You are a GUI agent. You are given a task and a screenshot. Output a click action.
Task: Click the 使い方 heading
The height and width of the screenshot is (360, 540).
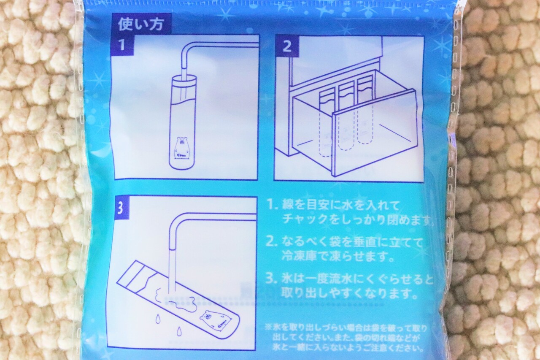click(x=141, y=24)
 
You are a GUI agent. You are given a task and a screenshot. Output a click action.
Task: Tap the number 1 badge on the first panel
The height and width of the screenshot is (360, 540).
click(x=122, y=45)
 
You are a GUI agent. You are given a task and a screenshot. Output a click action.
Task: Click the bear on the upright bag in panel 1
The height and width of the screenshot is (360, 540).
click(x=181, y=148)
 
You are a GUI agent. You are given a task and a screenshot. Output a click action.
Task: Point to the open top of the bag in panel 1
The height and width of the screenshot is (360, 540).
click(x=184, y=80)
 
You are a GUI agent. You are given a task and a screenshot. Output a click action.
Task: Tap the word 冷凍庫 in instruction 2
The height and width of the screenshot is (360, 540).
click(x=299, y=257)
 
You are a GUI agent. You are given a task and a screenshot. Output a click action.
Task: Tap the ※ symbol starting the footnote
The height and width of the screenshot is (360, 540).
click(x=269, y=328)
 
